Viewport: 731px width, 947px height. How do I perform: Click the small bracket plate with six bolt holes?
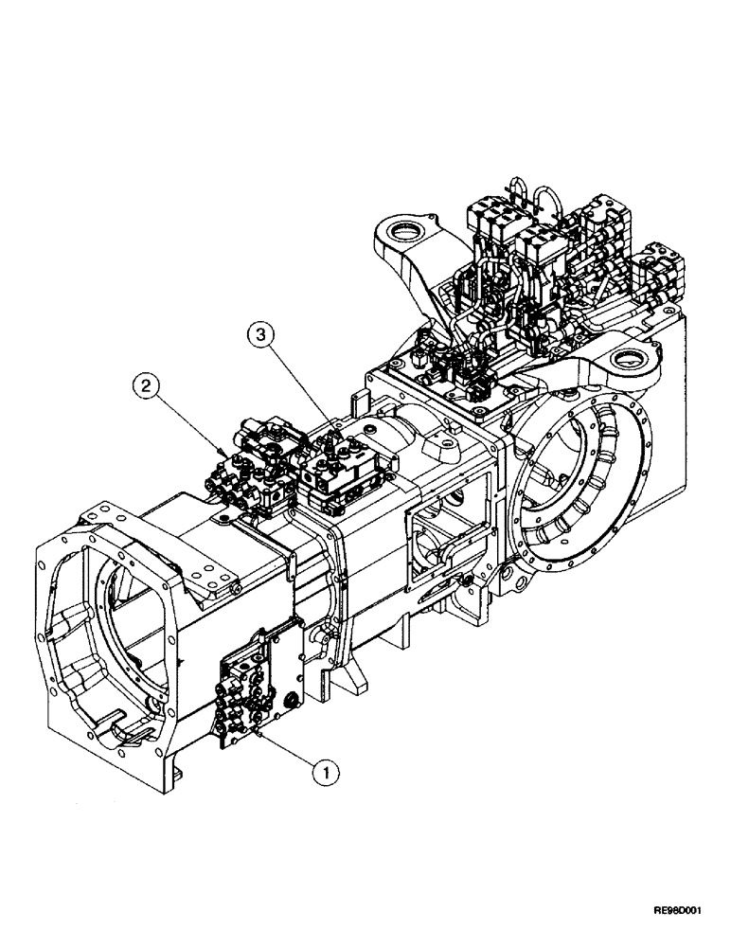click(x=210, y=574)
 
